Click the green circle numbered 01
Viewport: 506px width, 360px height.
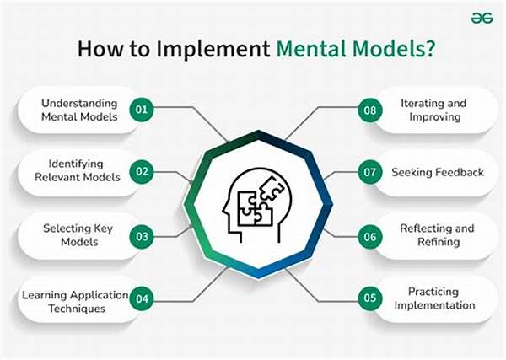142,110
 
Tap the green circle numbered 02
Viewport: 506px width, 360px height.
142,172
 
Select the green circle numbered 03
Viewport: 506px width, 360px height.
142,237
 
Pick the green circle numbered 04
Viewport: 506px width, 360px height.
142,298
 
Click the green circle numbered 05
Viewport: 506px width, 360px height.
370,298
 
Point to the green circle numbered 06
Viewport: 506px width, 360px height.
370,237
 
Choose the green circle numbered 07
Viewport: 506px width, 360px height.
370,172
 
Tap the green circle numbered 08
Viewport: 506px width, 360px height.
370,110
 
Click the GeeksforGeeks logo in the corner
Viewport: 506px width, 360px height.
482,18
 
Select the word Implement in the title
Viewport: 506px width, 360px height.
213,50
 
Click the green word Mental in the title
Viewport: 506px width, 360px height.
311,49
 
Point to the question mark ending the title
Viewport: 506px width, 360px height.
430,49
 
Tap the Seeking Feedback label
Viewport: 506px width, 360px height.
438,172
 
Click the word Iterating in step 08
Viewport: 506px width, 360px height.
417,104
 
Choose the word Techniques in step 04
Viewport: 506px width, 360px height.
77,309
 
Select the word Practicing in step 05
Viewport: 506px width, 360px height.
433,292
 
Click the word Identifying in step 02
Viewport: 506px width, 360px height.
76,164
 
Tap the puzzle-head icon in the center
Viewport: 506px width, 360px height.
257,205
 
